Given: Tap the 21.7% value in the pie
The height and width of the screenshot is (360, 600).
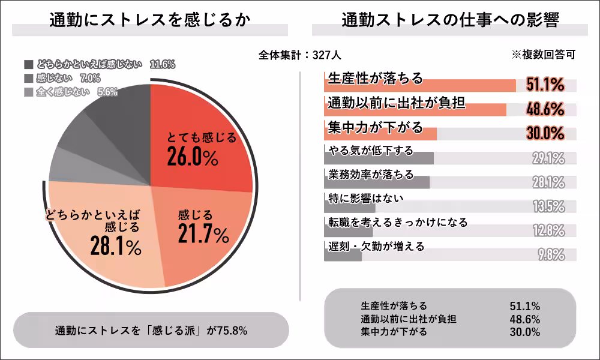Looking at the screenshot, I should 203,234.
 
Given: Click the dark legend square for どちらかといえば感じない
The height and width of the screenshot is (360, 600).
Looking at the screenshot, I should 29,64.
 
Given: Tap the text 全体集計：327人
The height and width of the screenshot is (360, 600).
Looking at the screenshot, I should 300,55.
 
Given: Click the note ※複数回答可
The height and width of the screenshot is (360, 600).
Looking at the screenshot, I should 543,55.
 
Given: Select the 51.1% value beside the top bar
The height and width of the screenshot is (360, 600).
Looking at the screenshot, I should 545,85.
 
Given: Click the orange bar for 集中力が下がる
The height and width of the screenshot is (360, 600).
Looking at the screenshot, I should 380,134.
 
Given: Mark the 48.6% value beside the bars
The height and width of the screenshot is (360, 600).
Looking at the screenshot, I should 545,109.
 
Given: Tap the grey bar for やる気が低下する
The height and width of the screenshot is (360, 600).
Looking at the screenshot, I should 378,158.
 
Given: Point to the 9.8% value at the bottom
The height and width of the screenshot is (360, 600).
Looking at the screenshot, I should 551,254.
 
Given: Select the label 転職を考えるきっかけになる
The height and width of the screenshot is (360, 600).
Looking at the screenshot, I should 398,222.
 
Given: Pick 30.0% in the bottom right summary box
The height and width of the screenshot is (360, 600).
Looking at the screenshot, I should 524,331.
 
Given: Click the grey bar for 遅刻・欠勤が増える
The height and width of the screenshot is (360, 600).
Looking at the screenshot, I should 343,256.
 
